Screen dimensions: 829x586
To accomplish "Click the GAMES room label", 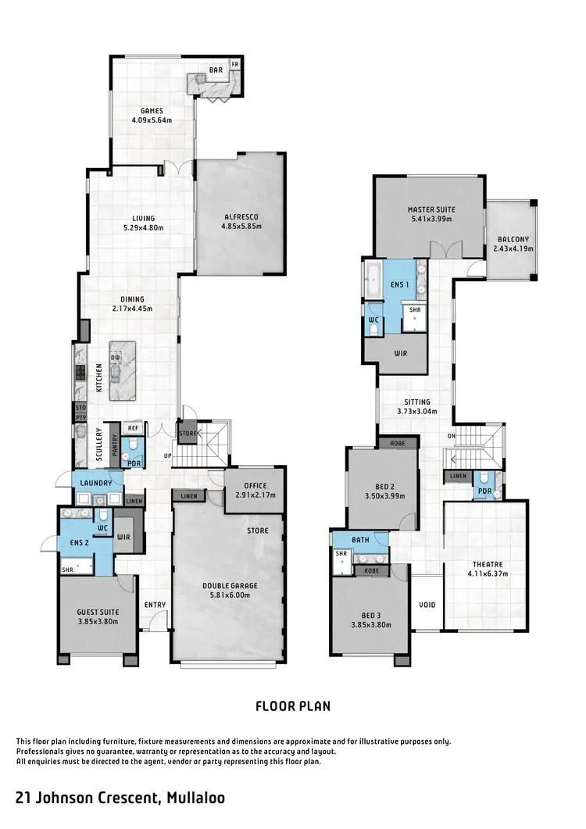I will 152,111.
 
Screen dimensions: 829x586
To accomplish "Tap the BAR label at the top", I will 215,70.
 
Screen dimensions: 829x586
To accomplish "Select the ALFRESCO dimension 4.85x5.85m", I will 241,227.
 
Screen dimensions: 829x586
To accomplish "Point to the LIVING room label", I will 143,218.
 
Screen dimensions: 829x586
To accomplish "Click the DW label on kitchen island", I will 116,357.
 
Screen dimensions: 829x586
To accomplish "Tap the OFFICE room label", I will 255,484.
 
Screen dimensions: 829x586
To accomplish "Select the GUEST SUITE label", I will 97,612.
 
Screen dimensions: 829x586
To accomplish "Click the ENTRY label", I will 154,604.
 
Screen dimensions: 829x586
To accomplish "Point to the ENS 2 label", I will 77,542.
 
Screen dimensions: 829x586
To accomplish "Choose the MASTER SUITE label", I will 431,209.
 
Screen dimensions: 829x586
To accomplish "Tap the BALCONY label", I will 512,240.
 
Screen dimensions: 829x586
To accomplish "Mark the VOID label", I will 427,604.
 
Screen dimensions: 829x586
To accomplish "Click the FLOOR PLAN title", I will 293,706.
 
